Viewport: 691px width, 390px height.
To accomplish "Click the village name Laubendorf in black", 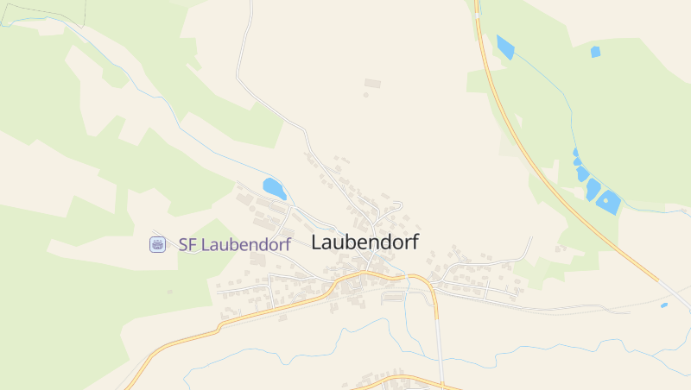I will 364,242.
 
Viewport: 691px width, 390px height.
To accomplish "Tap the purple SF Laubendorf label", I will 234,244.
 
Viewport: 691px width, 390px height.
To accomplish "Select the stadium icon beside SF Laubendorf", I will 157,244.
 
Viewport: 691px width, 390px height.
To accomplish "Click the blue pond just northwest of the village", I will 274,188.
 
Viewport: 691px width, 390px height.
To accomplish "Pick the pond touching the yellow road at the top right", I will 504,47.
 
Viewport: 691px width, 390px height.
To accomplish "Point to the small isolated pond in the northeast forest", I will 595,52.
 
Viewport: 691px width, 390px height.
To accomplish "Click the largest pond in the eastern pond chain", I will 608,202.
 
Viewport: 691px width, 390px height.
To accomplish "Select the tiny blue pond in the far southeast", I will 663,305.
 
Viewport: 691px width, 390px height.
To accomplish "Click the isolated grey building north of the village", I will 372,83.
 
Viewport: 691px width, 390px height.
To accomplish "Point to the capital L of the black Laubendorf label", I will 316,242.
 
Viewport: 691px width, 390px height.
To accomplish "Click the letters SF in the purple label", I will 187,244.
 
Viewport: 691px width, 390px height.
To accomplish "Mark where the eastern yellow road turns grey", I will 658,280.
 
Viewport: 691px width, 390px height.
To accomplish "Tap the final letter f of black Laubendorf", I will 415,242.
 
